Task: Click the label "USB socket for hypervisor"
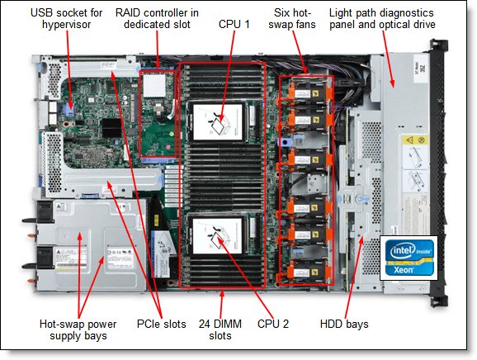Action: coord(66,18)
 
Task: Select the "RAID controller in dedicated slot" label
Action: coord(157,18)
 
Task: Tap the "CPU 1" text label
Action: coord(234,24)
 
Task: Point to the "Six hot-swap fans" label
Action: coord(292,18)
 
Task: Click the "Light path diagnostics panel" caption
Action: coord(382,18)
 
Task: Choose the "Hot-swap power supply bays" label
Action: coord(78,329)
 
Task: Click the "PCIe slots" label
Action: coord(161,324)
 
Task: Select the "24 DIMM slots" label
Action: coord(220,329)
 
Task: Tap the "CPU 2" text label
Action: coord(273,324)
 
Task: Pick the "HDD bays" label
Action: coord(344,324)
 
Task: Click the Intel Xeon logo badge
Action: coord(409,258)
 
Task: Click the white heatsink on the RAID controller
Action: coord(154,85)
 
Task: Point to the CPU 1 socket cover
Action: coord(218,121)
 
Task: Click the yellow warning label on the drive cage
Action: coord(415,140)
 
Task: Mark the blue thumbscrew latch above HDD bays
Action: coord(362,199)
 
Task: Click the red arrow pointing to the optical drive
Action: coord(388,59)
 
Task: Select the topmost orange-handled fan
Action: coord(309,89)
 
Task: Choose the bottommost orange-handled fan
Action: coord(308,272)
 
